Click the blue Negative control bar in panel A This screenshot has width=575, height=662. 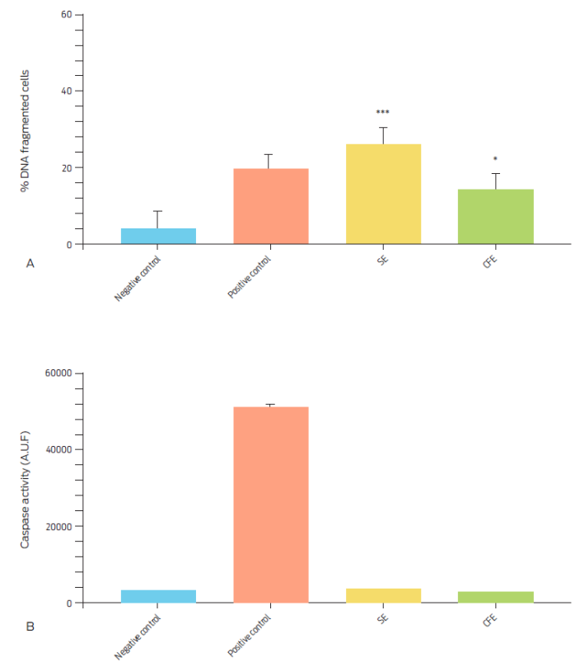pos(158,236)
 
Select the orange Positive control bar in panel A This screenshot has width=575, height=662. pos(271,206)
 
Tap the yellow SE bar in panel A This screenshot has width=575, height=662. pos(383,194)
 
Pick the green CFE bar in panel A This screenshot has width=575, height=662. pos(496,217)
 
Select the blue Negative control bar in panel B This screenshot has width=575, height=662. pos(158,596)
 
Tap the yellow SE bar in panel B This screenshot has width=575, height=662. pos(383,595)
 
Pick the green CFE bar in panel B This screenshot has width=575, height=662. pos(496,597)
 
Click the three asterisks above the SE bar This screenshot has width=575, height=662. pos(382,113)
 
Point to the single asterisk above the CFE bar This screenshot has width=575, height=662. pos(495,159)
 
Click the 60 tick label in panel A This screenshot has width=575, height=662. pos(66,15)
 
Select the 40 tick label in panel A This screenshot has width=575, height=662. pos(66,92)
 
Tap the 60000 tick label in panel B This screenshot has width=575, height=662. pos(57,373)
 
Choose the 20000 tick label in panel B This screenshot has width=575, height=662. pos(57,527)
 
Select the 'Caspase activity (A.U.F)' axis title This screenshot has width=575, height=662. pos(26,488)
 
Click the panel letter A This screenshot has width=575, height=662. pos(30,264)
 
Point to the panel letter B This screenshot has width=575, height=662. pos(30,627)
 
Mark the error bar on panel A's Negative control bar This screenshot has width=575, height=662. pos(158,219)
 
